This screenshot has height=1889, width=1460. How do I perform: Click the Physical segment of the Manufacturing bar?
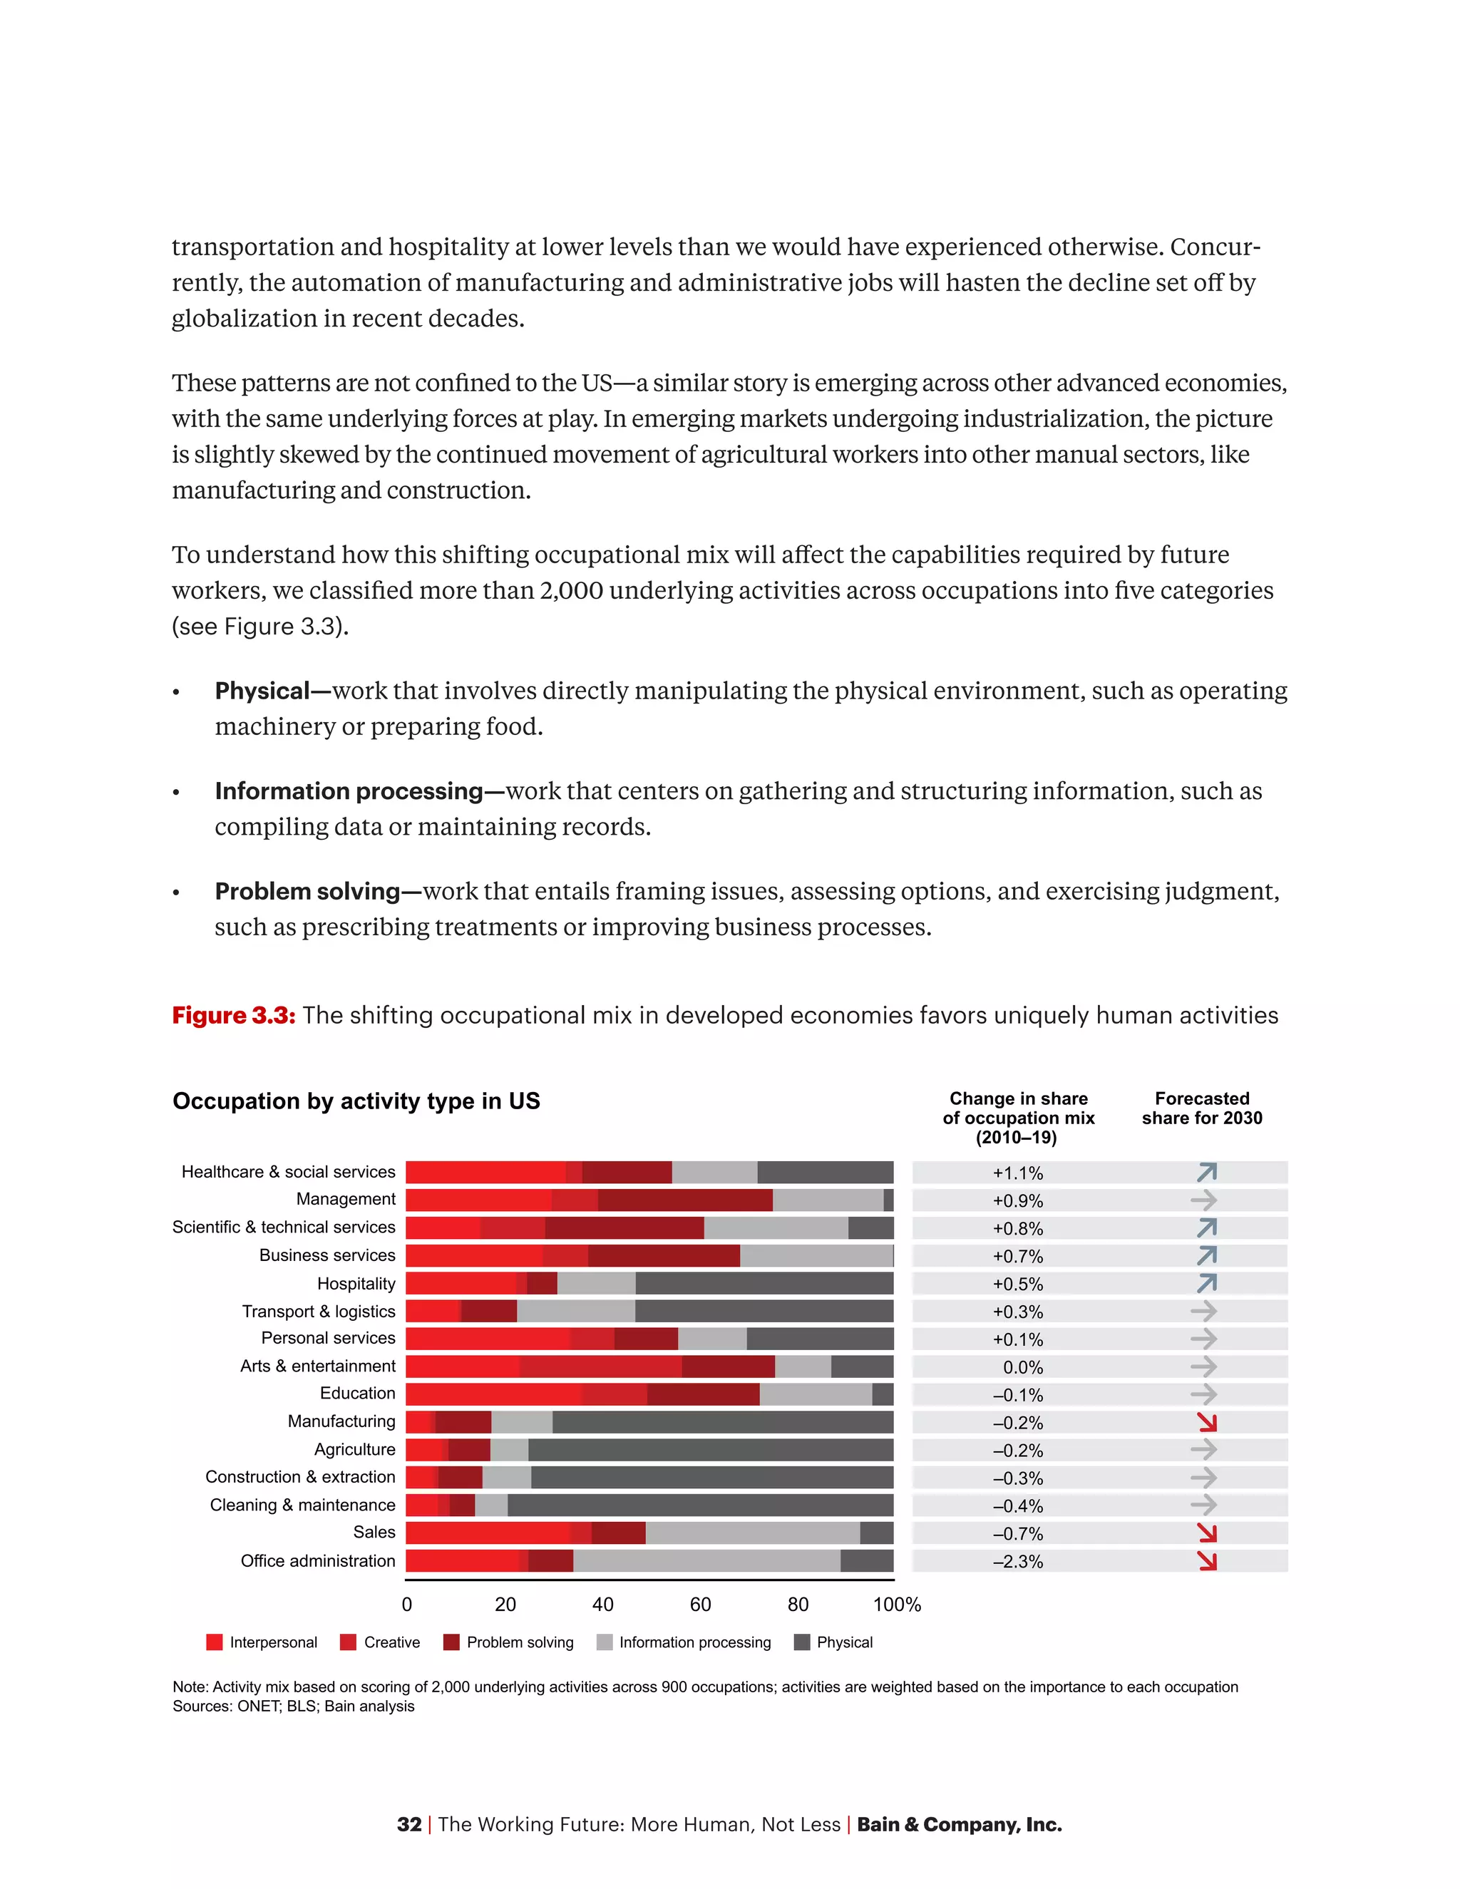[722, 1422]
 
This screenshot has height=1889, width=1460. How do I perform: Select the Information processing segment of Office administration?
[706, 1561]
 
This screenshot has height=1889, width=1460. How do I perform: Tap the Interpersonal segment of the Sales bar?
[488, 1533]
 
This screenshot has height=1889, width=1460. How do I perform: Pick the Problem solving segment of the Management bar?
[685, 1200]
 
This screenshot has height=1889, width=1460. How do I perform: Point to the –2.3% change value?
[1018, 1562]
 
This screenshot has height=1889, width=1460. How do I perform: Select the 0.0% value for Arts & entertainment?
[1022, 1367]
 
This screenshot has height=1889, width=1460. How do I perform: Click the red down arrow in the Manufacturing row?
[1207, 1422]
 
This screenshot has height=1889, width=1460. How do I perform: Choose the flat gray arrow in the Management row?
[1203, 1200]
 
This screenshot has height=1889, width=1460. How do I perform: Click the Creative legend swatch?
[349, 1642]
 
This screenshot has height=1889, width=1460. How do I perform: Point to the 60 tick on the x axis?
[701, 1605]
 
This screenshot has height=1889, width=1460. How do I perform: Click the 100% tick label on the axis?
[897, 1605]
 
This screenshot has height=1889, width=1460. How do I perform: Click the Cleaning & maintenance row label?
[302, 1505]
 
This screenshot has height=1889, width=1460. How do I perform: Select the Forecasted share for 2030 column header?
[1201, 1108]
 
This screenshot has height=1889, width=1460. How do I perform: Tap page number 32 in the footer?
[409, 1825]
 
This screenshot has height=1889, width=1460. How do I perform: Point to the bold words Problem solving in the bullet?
[307, 892]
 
